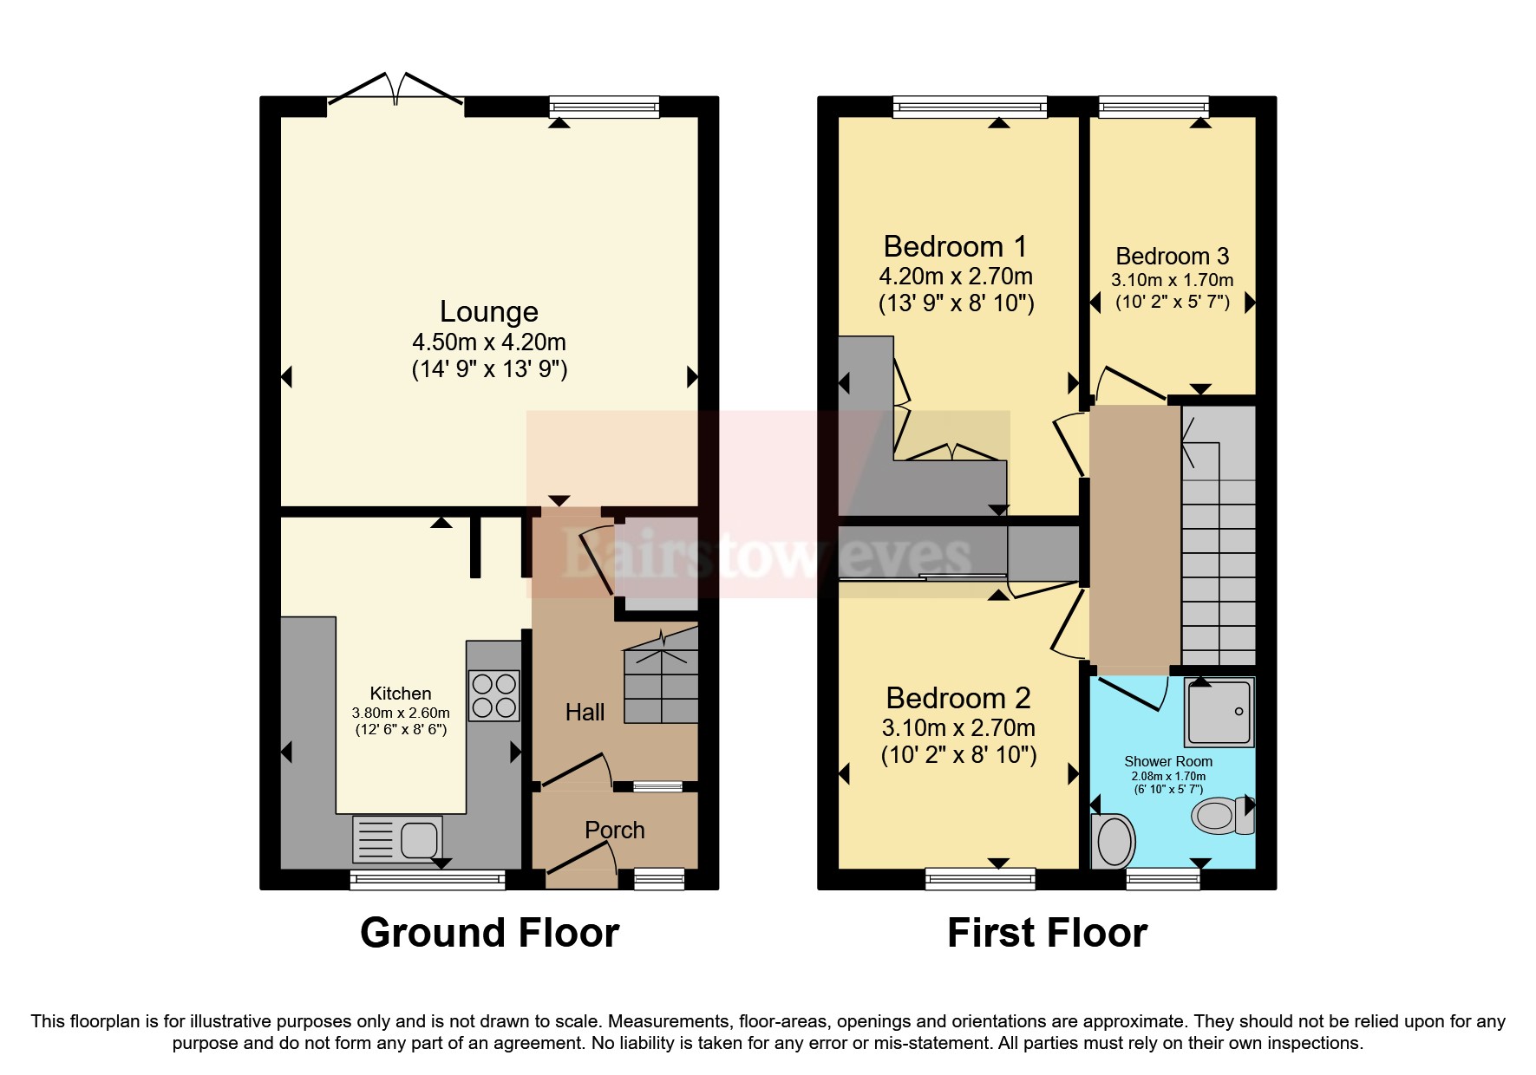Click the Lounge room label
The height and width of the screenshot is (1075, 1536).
click(489, 311)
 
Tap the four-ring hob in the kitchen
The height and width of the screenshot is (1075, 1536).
click(494, 696)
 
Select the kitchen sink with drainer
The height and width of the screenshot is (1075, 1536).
click(397, 838)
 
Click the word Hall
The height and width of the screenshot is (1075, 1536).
click(585, 713)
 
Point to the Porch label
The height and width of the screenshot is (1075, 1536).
click(615, 830)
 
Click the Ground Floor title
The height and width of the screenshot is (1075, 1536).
click(489, 933)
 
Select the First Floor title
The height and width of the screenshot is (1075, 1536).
click(1047, 933)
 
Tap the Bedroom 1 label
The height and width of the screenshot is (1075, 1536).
click(956, 246)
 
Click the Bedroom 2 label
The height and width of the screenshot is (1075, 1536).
click(958, 698)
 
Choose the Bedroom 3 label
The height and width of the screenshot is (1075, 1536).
click(1173, 256)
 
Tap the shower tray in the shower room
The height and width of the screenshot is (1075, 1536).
click(1219, 712)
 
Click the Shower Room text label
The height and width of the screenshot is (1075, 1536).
click(1168, 761)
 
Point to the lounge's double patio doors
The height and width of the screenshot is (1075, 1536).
click(395, 92)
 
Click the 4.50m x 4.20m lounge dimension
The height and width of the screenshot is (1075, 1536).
click(489, 342)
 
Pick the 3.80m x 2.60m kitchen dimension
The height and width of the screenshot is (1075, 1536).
click(401, 713)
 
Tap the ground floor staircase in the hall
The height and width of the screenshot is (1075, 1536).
click(661, 676)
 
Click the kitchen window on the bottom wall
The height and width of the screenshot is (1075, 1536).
click(428, 880)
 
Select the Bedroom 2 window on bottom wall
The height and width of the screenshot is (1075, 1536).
click(981, 879)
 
